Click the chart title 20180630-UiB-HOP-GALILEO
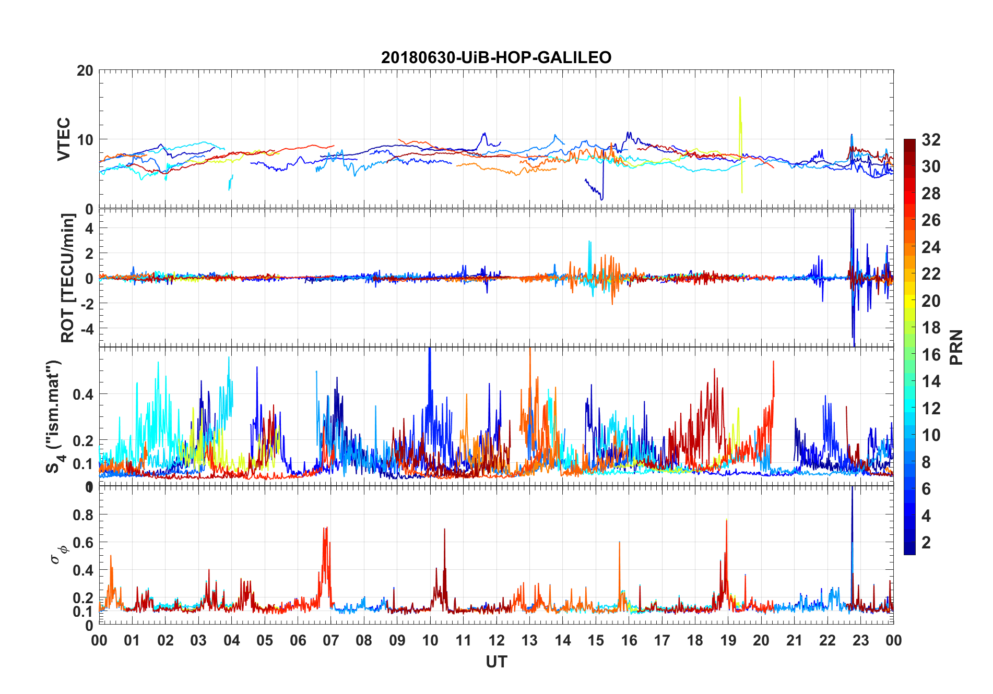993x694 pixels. pos(496,57)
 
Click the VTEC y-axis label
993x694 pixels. pos(64,139)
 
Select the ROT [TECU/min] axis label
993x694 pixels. pos(68,278)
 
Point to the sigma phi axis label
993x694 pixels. pos(58,554)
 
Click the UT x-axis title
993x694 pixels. pos(496,662)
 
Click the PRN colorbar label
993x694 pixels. pos(955,347)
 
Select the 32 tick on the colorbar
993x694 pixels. pos(931,139)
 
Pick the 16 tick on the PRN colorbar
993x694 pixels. pos(931,355)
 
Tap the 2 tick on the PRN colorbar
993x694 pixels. pos(926,543)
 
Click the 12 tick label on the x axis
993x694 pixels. pos(496,640)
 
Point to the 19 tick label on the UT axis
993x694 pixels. pos(728,640)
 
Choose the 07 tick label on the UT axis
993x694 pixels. pos(331,640)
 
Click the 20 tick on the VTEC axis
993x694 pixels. pos(85,70)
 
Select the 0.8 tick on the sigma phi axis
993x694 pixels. pos(84,515)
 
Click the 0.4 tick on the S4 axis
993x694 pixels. pos(84,394)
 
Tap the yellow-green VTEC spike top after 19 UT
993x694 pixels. pos(740,98)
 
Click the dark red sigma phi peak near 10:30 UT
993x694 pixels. pos(444,530)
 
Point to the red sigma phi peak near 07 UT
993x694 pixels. pos(326,528)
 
